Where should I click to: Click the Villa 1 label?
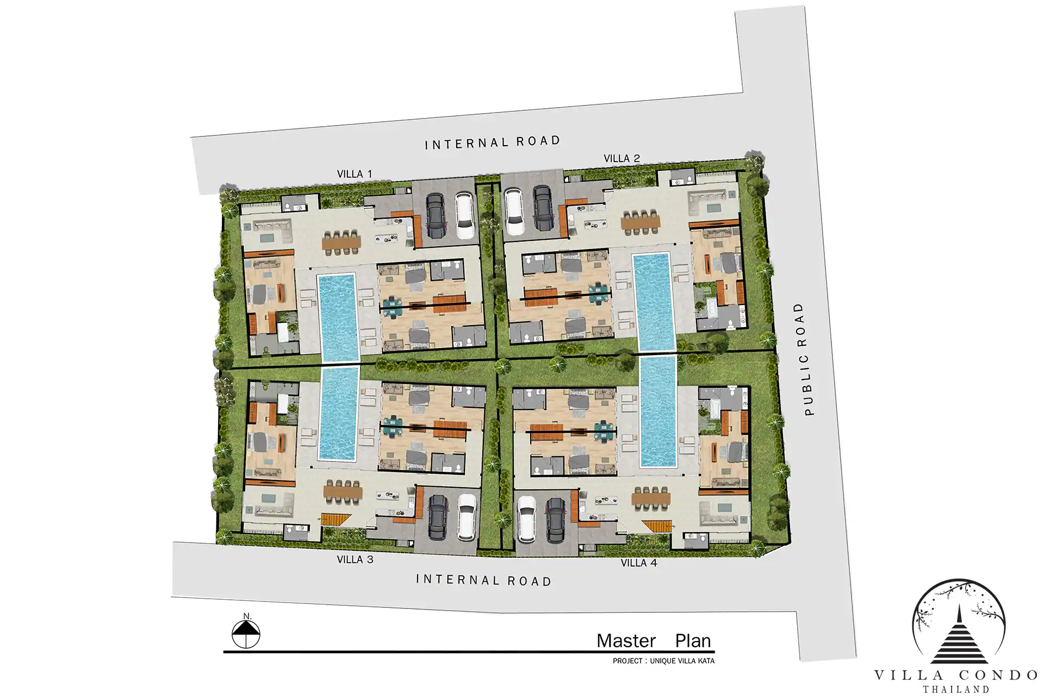[x=355, y=174]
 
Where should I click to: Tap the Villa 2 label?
[x=622, y=158]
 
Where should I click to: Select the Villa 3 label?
[x=355, y=560]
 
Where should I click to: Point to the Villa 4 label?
[x=639, y=563]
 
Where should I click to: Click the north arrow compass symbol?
[x=246, y=632]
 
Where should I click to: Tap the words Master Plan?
[x=654, y=641]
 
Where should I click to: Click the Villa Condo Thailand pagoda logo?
[x=959, y=623]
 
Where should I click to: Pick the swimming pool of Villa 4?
[x=658, y=411]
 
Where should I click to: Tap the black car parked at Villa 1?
[x=436, y=215]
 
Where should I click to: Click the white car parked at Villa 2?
[x=514, y=210]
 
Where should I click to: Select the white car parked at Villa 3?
[x=467, y=517]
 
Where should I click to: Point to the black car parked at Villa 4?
[x=555, y=520]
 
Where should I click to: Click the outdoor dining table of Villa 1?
[x=341, y=242]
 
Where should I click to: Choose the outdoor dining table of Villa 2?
[x=641, y=222]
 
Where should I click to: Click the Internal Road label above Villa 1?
[x=492, y=142]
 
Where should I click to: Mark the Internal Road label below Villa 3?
[x=484, y=580]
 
